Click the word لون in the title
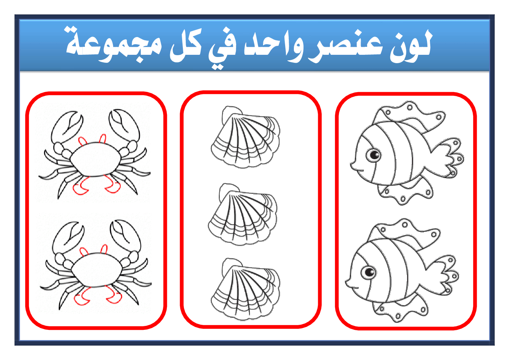(x=411, y=46)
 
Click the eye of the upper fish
(x=373, y=155)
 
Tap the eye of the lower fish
(x=368, y=272)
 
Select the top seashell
(x=245, y=137)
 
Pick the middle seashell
(x=243, y=214)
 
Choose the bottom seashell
(x=245, y=289)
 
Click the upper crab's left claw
(x=67, y=127)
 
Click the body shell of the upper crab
(x=95, y=159)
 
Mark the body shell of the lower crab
(x=97, y=270)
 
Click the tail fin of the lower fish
(x=444, y=275)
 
